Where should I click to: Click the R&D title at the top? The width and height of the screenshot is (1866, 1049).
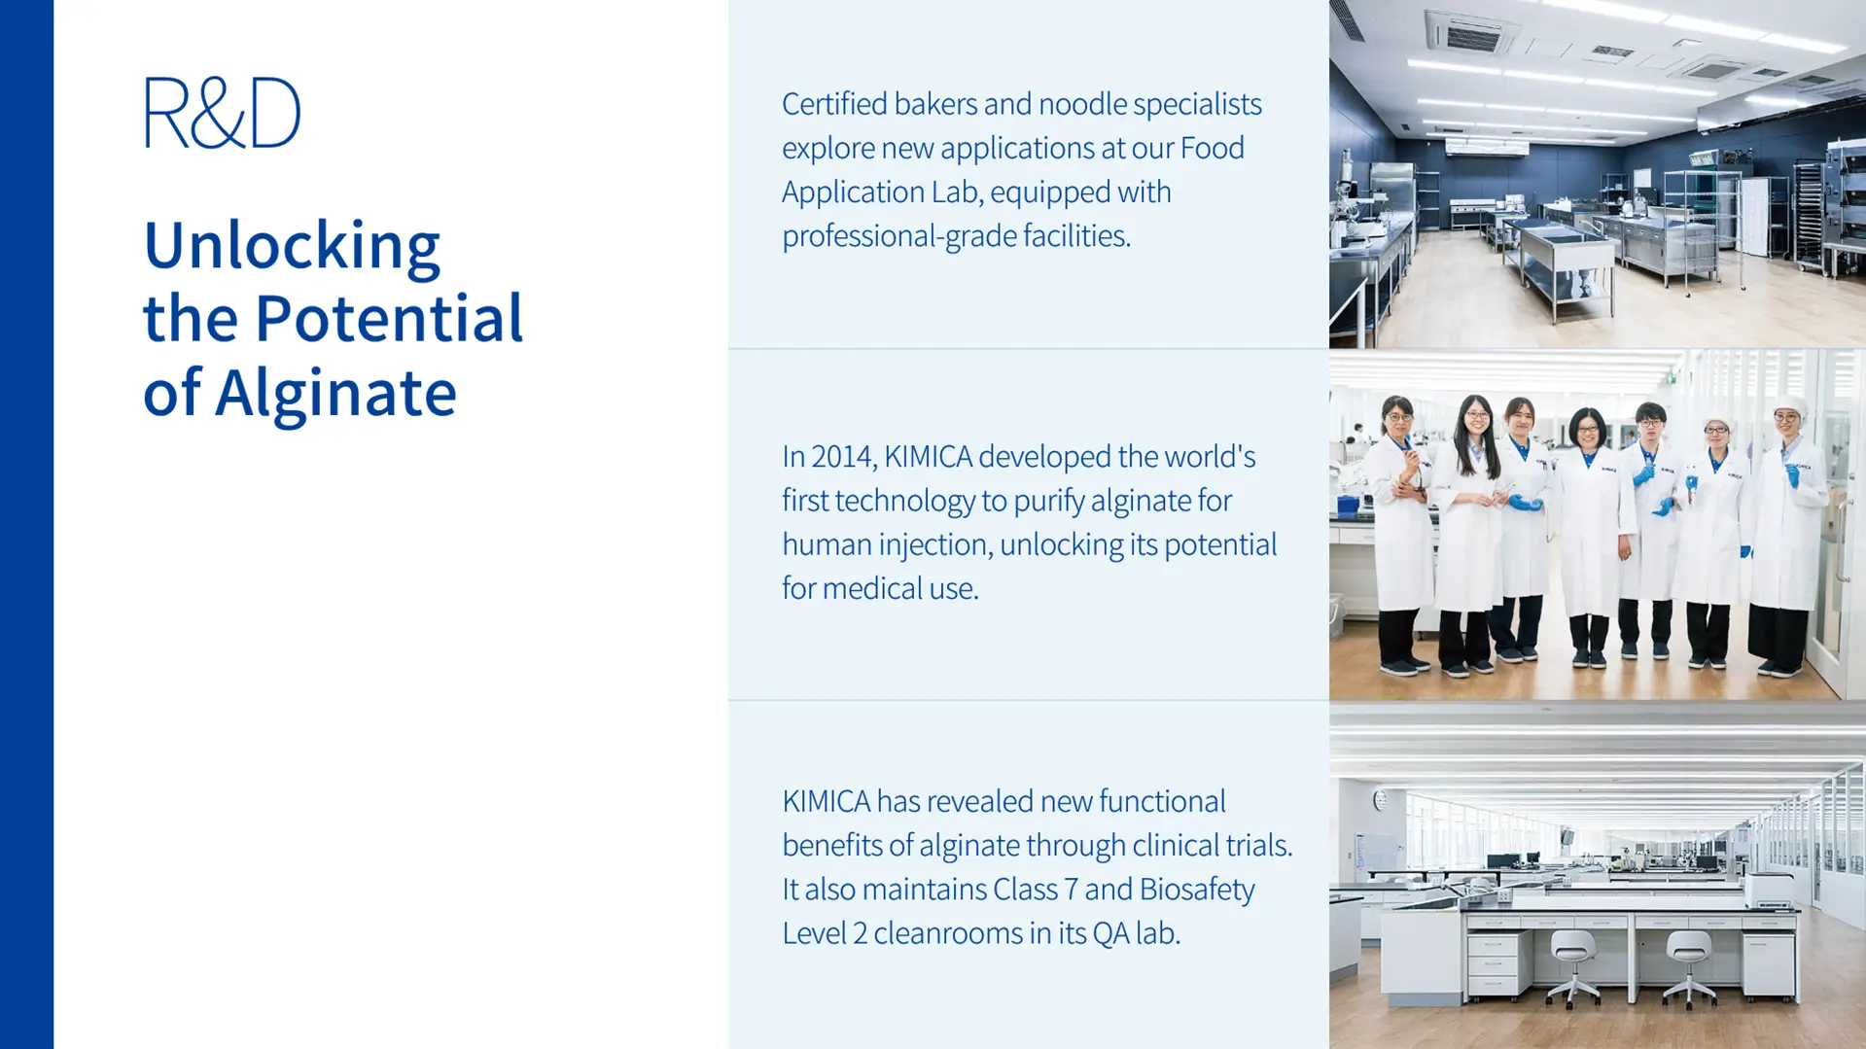tap(222, 112)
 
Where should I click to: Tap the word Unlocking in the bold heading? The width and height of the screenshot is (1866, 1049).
tap(292, 245)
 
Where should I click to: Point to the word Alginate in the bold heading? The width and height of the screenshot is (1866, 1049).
tap(335, 394)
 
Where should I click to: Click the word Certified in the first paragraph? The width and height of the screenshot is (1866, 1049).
tap(834, 103)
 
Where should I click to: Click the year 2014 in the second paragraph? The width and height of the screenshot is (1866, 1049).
tap(844, 456)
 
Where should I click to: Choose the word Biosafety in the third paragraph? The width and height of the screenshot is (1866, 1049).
tap(1197, 890)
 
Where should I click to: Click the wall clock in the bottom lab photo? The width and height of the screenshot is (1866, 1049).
tap(1380, 800)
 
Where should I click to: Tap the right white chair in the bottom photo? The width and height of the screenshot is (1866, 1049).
tap(1689, 965)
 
